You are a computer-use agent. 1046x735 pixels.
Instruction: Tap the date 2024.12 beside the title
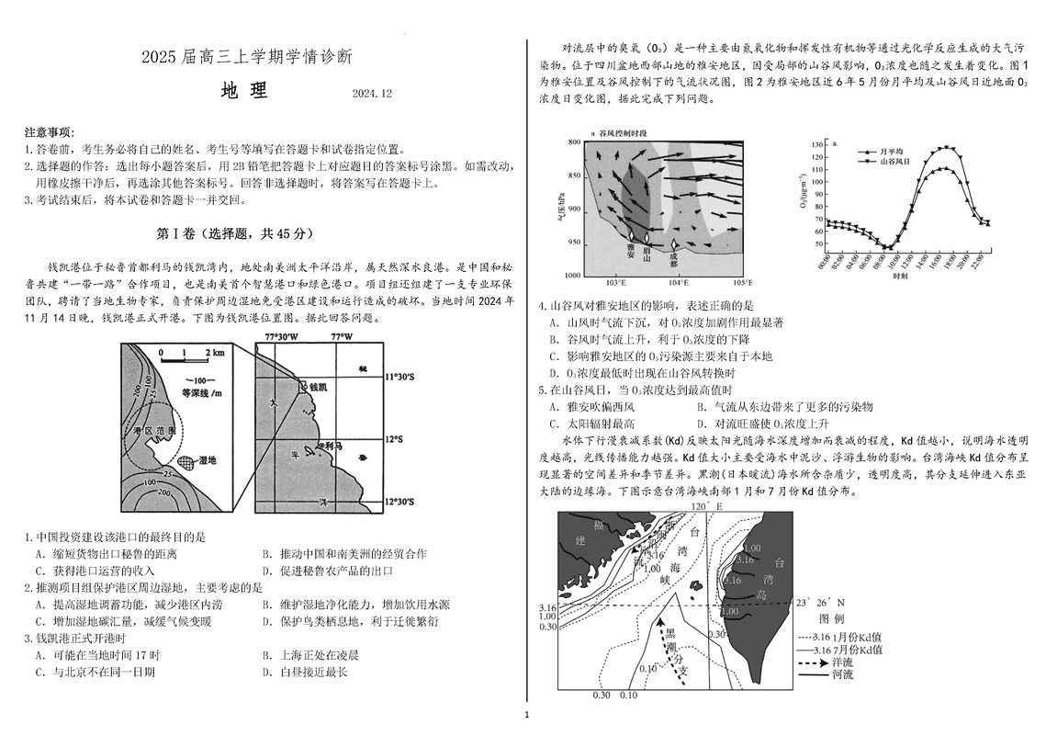click(371, 94)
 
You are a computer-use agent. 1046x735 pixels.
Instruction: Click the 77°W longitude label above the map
click(341, 336)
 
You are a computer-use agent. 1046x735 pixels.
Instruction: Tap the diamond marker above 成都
click(675, 244)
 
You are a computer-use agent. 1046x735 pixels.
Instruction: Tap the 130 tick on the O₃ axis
click(815, 145)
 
